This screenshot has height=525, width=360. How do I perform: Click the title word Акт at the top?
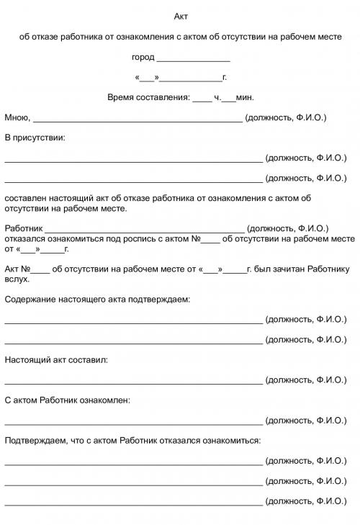coord(181,16)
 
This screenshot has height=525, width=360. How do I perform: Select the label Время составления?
coord(148,97)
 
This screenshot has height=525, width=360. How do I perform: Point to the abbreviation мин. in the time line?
coord(245,97)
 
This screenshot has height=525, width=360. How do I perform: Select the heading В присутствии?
coord(35,137)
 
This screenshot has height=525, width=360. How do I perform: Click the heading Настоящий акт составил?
coord(56,359)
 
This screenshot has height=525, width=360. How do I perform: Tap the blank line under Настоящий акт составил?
coord(133,382)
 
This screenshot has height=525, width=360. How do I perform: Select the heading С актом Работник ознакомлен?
coord(68,399)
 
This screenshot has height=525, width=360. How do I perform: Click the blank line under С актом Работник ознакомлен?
coord(133,422)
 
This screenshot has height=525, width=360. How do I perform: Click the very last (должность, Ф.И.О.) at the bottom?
coord(305,500)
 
